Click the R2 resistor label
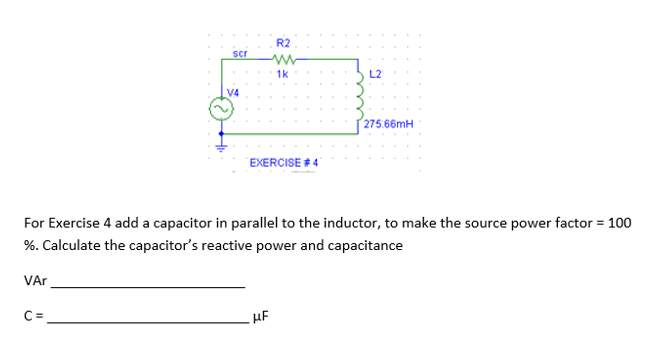coord(282,43)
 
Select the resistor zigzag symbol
coord(282,59)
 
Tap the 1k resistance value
coord(282,74)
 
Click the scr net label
coord(239,51)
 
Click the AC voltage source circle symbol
coord(219,108)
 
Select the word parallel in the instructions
coord(268,222)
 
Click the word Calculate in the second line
coord(76,245)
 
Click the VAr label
coord(34,282)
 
